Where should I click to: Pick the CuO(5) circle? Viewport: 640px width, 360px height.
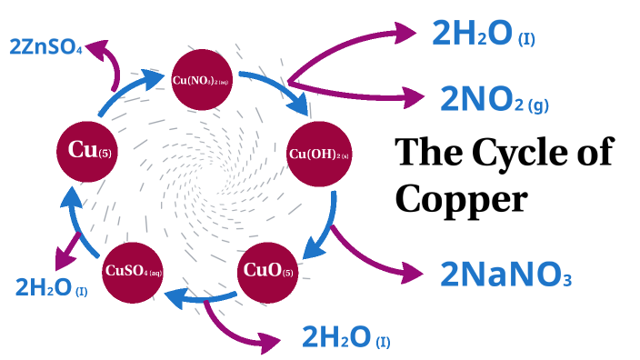[267, 270]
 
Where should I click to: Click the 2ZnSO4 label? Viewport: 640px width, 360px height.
[45, 46]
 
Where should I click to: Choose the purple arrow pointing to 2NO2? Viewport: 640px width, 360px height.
[355, 90]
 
